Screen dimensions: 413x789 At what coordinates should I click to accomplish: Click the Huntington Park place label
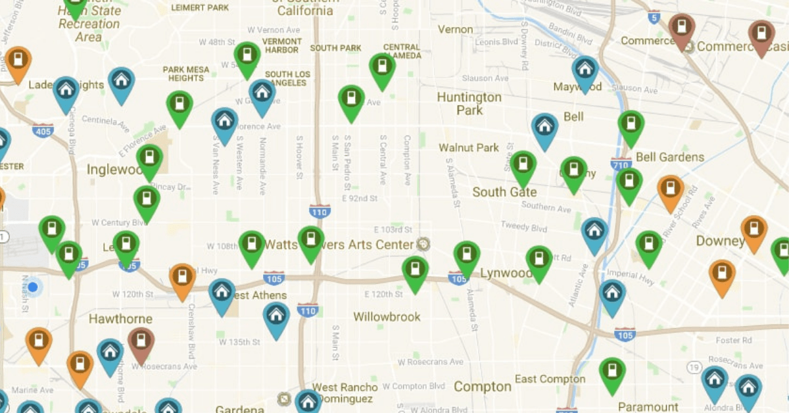(x=469, y=104)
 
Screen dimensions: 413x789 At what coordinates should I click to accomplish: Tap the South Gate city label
(x=504, y=192)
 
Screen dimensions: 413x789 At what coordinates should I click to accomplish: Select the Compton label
(x=483, y=387)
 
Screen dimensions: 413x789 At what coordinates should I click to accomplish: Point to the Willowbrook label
(x=387, y=317)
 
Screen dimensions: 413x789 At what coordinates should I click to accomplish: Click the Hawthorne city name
(x=120, y=319)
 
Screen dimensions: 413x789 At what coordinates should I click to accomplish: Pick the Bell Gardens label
(x=670, y=157)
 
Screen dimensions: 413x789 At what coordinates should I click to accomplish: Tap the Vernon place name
(x=455, y=30)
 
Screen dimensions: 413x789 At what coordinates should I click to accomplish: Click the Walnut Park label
(x=469, y=147)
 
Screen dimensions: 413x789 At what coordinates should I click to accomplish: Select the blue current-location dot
(x=33, y=287)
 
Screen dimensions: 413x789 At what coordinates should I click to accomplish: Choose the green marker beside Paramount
(x=612, y=372)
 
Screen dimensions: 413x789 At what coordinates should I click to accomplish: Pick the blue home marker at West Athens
(x=222, y=293)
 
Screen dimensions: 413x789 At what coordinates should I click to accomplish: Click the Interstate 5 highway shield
(x=654, y=18)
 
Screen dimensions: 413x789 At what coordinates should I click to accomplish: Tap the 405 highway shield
(x=43, y=130)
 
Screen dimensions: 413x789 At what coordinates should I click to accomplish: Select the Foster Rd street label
(x=734, y=340)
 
